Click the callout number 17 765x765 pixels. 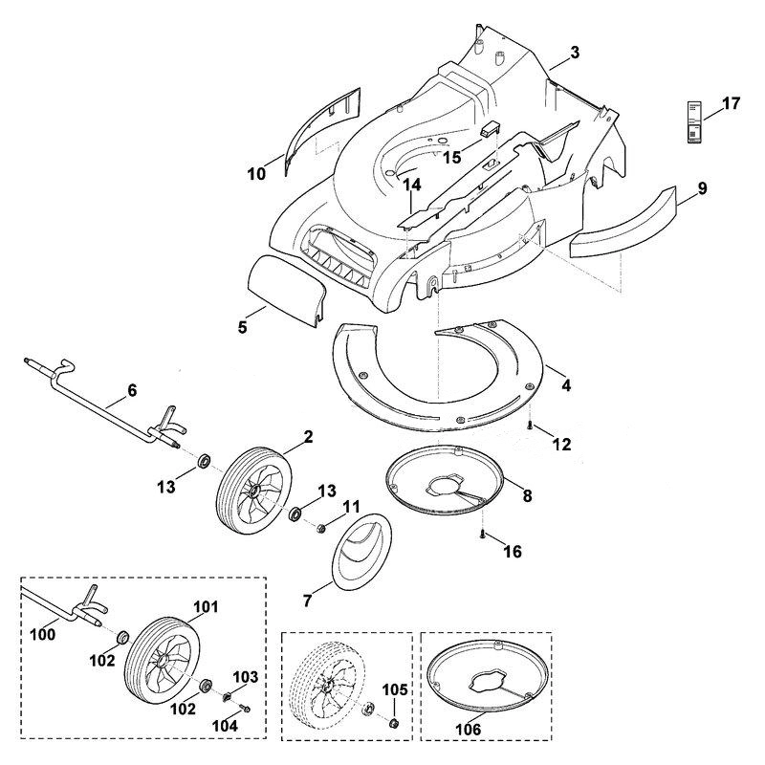click(x=731, y=103)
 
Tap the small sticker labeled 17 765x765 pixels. click(x=694, y=122)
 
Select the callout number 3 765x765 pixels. click(x=575, y=53)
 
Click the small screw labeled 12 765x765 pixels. click(x=530, y=426)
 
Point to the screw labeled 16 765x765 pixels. click(x=482, y=535)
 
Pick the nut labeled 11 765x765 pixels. click(x=321, y=529)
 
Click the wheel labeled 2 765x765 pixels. click(x=253, y=492)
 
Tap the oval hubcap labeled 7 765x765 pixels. click(x=361, y=549)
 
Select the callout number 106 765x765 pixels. click(x=468, y=729)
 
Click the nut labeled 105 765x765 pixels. click(x=392, y=723)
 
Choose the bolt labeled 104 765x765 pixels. click(x=245, y=709)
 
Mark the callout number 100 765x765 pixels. click(x=42, y=634)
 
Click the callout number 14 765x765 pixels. click(x=411, y=185)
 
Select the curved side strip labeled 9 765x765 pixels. click(x=623, y=222)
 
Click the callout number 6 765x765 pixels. click(x=132, y=390)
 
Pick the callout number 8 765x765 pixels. click(x=527, y=495)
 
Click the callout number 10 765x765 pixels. click(x=256, y=173)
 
